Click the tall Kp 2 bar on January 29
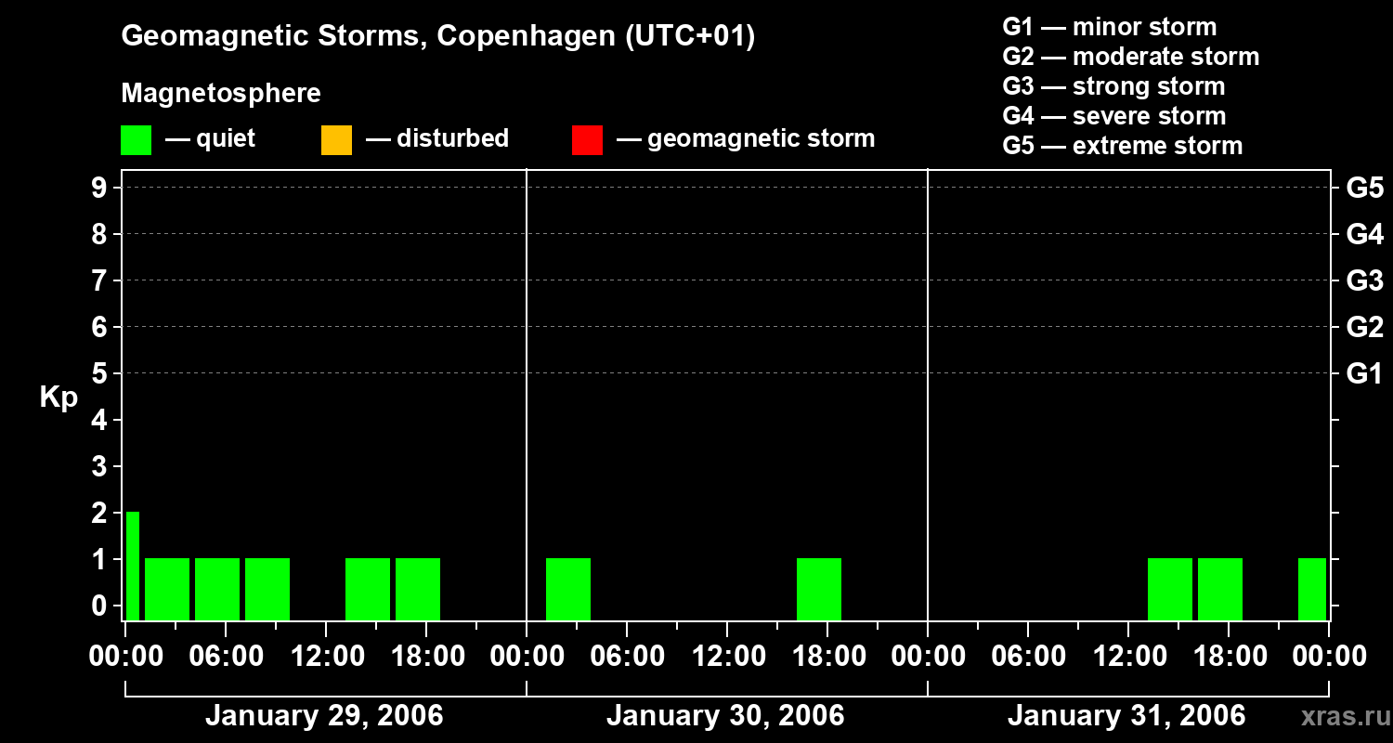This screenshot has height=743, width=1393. coord(133,566)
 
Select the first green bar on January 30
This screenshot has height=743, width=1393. coord(568,589)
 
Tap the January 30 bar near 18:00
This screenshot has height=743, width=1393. coord(819,589)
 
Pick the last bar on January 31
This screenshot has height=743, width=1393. coord(1312,589)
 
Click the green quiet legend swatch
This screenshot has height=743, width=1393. coord(136,140)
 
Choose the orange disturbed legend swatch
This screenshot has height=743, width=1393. coord(336,140)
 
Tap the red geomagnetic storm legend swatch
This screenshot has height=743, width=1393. coord(587,140)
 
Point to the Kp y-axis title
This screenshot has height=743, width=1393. coord(59,398)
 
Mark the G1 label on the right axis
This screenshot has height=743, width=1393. coord(1364,374)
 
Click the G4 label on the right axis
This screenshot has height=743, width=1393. coord(1364,234)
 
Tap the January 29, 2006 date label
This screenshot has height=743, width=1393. coord(324,716)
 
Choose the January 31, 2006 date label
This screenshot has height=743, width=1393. coord(1126,716)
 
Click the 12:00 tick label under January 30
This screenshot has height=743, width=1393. coord(727,657)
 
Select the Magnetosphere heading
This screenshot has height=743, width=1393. coord(221,94)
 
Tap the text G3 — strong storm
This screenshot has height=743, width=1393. coord(1113,86)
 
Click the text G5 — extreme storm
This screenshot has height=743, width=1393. coord(1122,146)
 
